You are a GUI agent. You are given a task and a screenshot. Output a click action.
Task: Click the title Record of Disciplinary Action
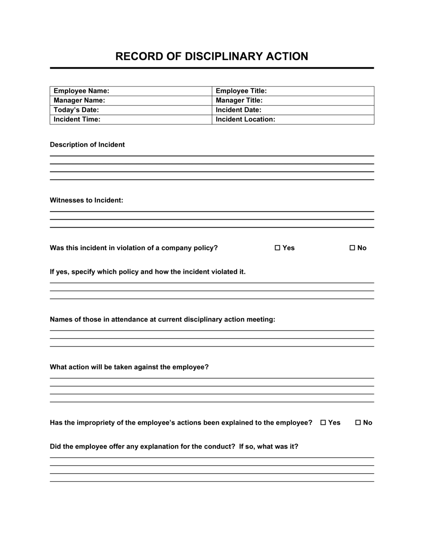point(212,56)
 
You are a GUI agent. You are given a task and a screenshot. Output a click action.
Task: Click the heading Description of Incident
point(87,145)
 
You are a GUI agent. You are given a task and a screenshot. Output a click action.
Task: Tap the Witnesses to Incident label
point(86,200)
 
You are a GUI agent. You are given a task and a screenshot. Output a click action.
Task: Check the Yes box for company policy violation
point(278,248)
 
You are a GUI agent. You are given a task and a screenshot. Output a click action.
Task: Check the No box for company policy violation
point(352,248)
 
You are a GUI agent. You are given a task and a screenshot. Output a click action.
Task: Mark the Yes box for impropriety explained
point(323,423)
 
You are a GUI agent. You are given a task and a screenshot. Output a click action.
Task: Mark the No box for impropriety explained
point(358,423)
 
